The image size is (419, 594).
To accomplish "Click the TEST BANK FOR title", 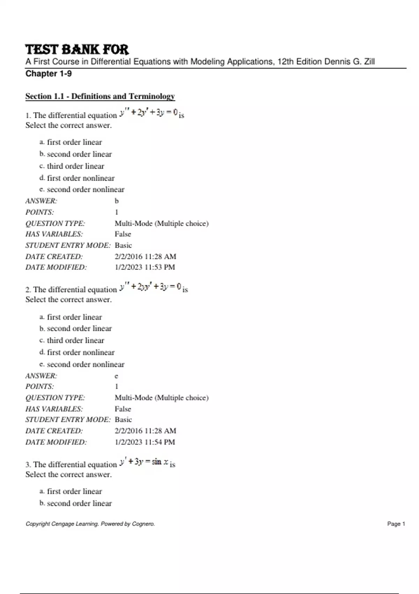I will click(x=77, y=49).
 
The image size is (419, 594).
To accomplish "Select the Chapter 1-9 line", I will click(x=49, y=74).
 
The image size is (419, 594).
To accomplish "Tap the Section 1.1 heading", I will click(x=100, y=96).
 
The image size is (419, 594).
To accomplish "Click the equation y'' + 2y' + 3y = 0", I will click(x=149, y=113).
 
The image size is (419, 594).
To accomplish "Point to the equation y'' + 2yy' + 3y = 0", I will click(x=150, y=287).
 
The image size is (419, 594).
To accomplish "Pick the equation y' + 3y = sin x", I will click(x=144, y=462).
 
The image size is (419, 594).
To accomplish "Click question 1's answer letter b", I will click(x=117, y=201).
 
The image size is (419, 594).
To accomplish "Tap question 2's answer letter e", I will click(x=116, y=376).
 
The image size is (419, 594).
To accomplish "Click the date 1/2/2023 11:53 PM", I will click(x=145, y=267).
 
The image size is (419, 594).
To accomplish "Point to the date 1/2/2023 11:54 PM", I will click(x=145, y=442).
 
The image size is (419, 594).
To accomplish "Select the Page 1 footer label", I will click(x=396, y=524).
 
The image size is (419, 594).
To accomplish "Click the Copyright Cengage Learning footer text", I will click(x=90, y=524).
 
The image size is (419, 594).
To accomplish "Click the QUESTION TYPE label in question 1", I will click(x=55, y=223).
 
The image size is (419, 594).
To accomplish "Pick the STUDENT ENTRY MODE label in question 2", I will click(x=68, y=420).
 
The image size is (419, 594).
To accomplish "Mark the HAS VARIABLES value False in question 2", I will click(x=123, y=409).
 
